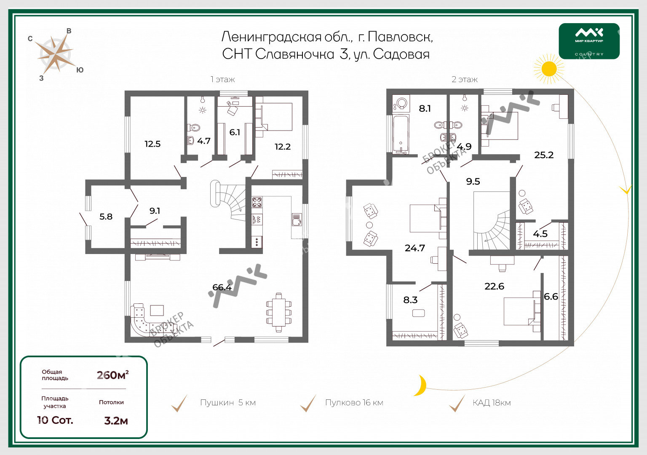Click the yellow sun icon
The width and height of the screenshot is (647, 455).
point(549,69)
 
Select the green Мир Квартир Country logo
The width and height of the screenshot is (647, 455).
point(589,41)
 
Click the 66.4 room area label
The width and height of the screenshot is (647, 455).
point(222,287)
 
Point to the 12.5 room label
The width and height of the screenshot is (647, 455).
point(152,144)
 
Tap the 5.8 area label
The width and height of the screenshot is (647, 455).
point(106,217)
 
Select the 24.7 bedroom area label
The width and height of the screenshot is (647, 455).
point(415,248)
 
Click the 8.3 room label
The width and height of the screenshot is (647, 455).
point(410,300)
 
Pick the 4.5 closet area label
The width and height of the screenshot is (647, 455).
point(540,234)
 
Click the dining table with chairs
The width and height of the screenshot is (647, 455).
point(279,313)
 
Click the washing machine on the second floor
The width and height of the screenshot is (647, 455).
point(401,104)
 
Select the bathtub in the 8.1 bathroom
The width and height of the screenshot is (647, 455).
point(401,134)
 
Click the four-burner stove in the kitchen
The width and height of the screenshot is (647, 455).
point(257,202)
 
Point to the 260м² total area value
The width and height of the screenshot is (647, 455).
point(112,375)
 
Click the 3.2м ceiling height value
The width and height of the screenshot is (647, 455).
point(116,420)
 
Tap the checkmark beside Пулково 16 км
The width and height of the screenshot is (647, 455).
point(308,403)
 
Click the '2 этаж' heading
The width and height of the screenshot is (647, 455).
point(465,79)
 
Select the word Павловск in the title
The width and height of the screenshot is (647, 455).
point(400,37)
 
